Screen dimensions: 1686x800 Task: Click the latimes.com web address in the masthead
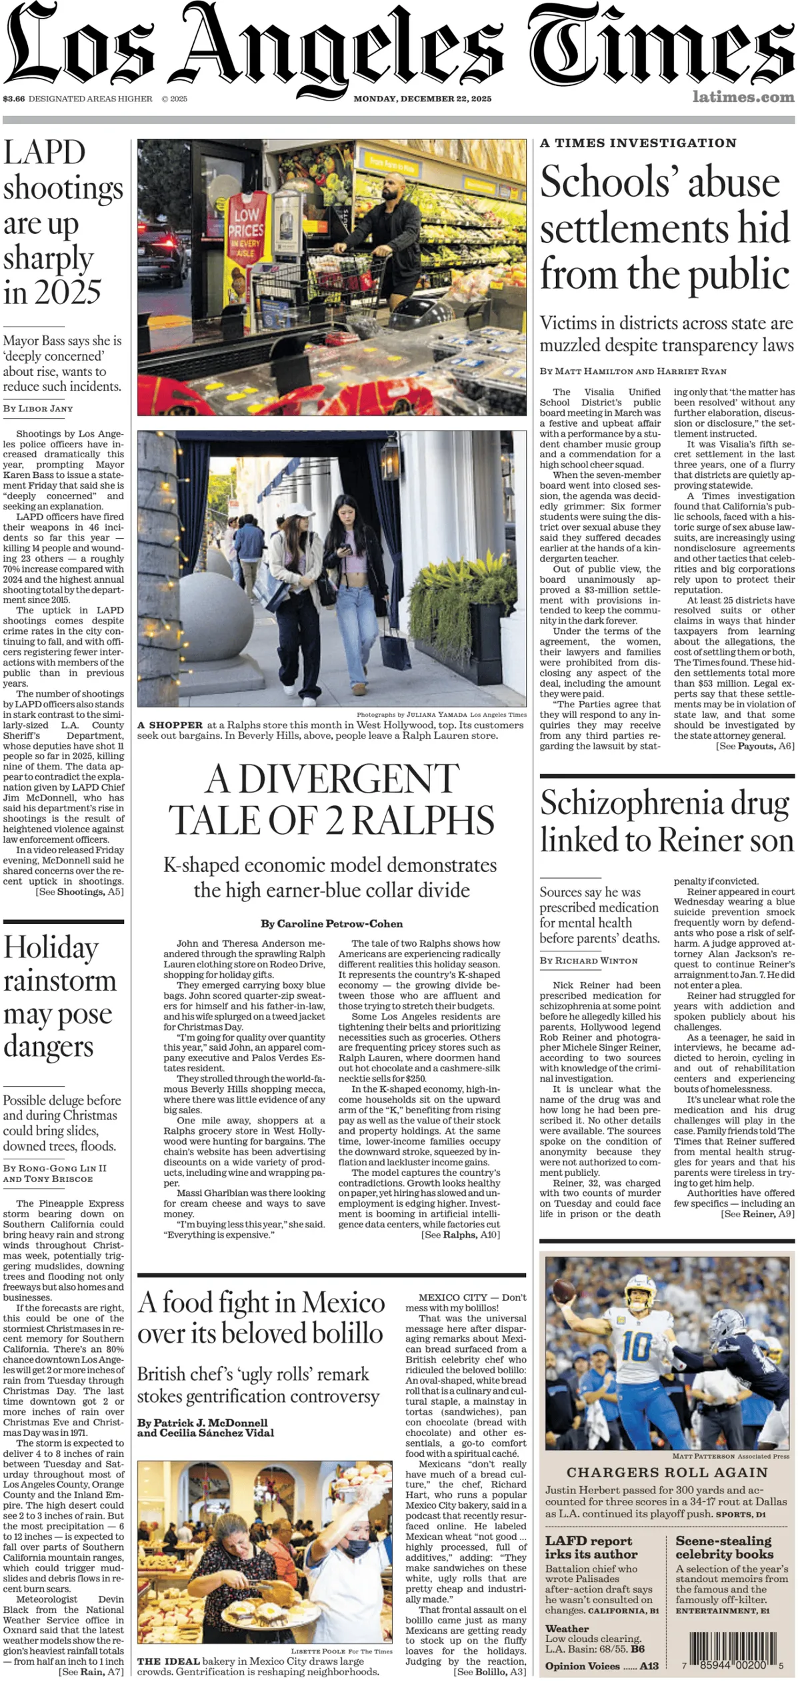click(x=743, y=97)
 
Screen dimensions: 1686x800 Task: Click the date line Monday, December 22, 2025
click(x=422, y=99)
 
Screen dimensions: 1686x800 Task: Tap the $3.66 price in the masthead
click(x=13, y=99)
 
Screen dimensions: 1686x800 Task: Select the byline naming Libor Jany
click(x=38, y=409)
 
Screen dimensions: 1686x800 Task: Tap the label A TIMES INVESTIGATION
click(x=638, y=143)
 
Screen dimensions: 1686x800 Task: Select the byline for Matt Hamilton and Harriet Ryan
click(x=633, y=371)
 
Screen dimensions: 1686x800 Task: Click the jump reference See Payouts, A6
click(x=755, y=746)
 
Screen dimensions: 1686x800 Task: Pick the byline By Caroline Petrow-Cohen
click(x=331, y=924)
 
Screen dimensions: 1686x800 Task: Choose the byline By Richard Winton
click(x=589, y=961)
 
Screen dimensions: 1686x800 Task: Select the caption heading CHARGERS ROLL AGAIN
click(x=667, y=1472)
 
